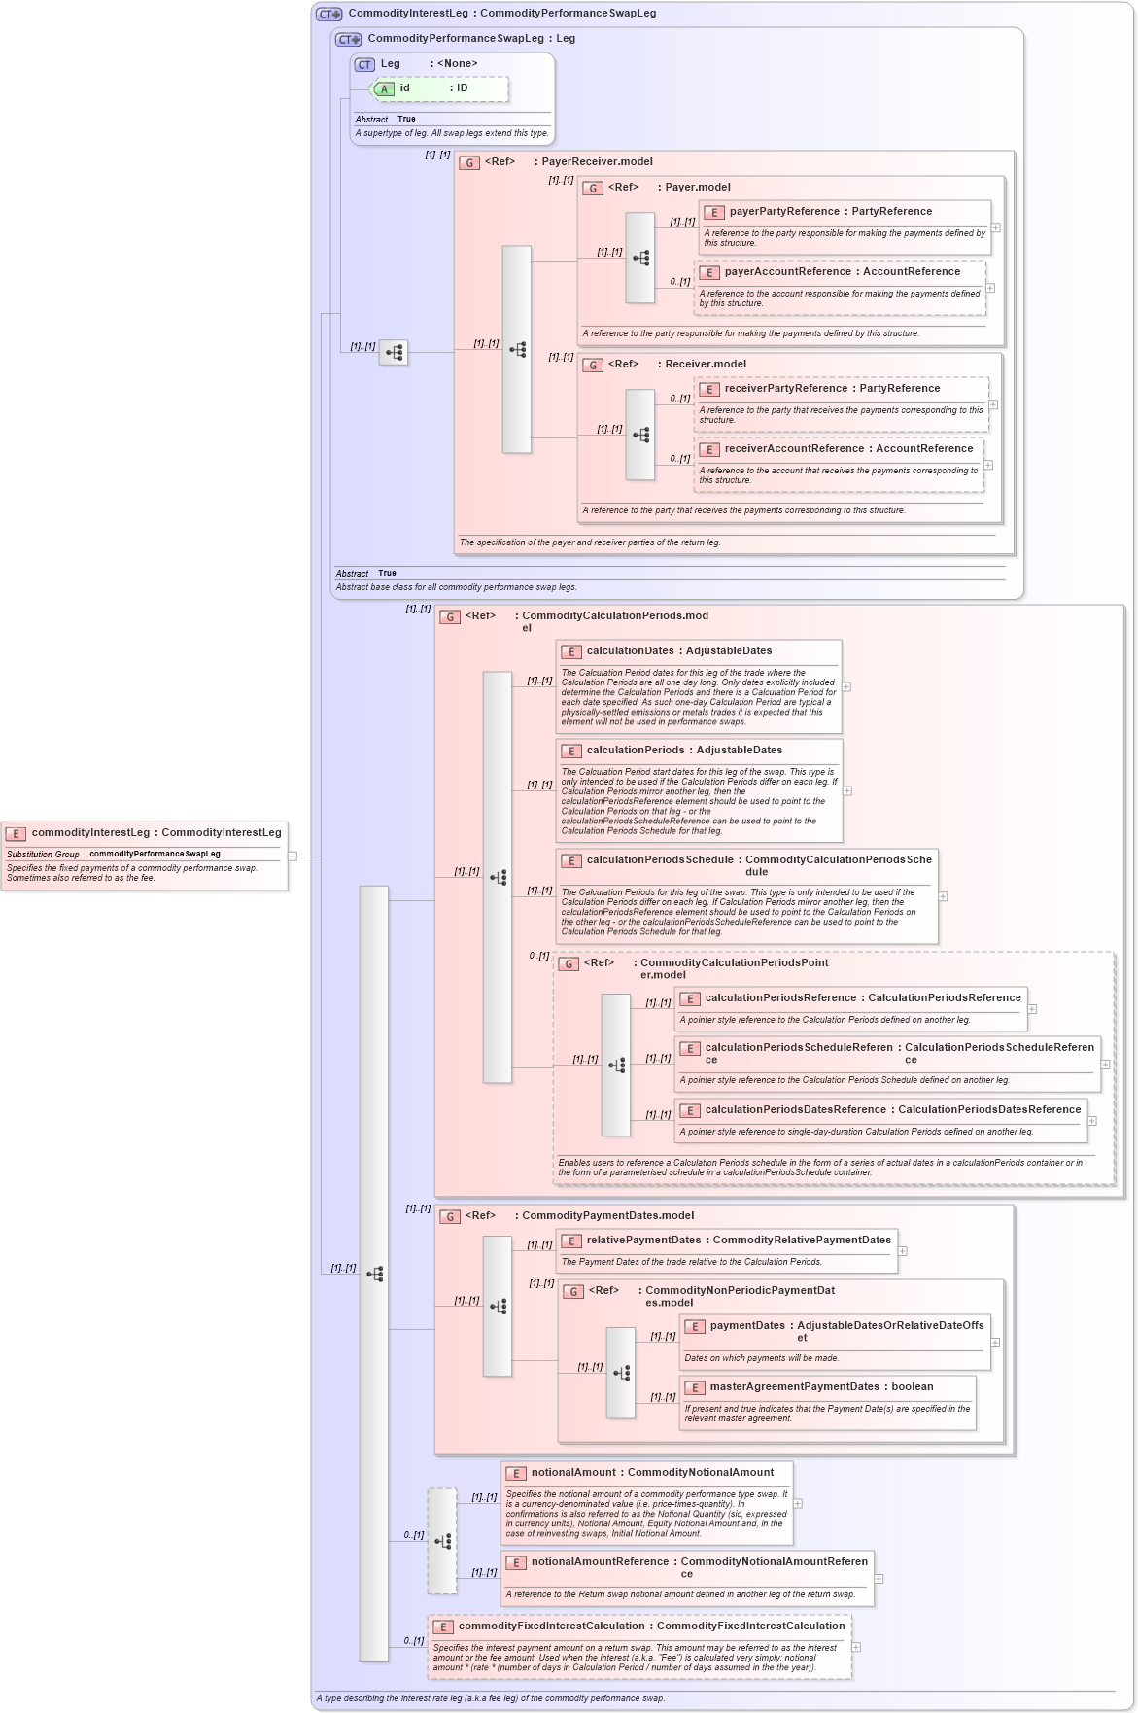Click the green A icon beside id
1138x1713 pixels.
click(x=384, y=89)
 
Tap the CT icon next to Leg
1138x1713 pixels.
click(x=364, y=65)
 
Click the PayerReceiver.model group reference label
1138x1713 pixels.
click(x=596, y=162)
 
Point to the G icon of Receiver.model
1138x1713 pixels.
click(x=593, y=366)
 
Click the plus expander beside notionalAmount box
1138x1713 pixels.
click(x=798, y=1504)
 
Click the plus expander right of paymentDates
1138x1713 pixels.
click(x=995, y=1343)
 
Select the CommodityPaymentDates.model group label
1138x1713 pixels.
click(x=607, y=1216)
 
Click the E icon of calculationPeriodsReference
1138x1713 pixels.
click(x=689, y=999)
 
